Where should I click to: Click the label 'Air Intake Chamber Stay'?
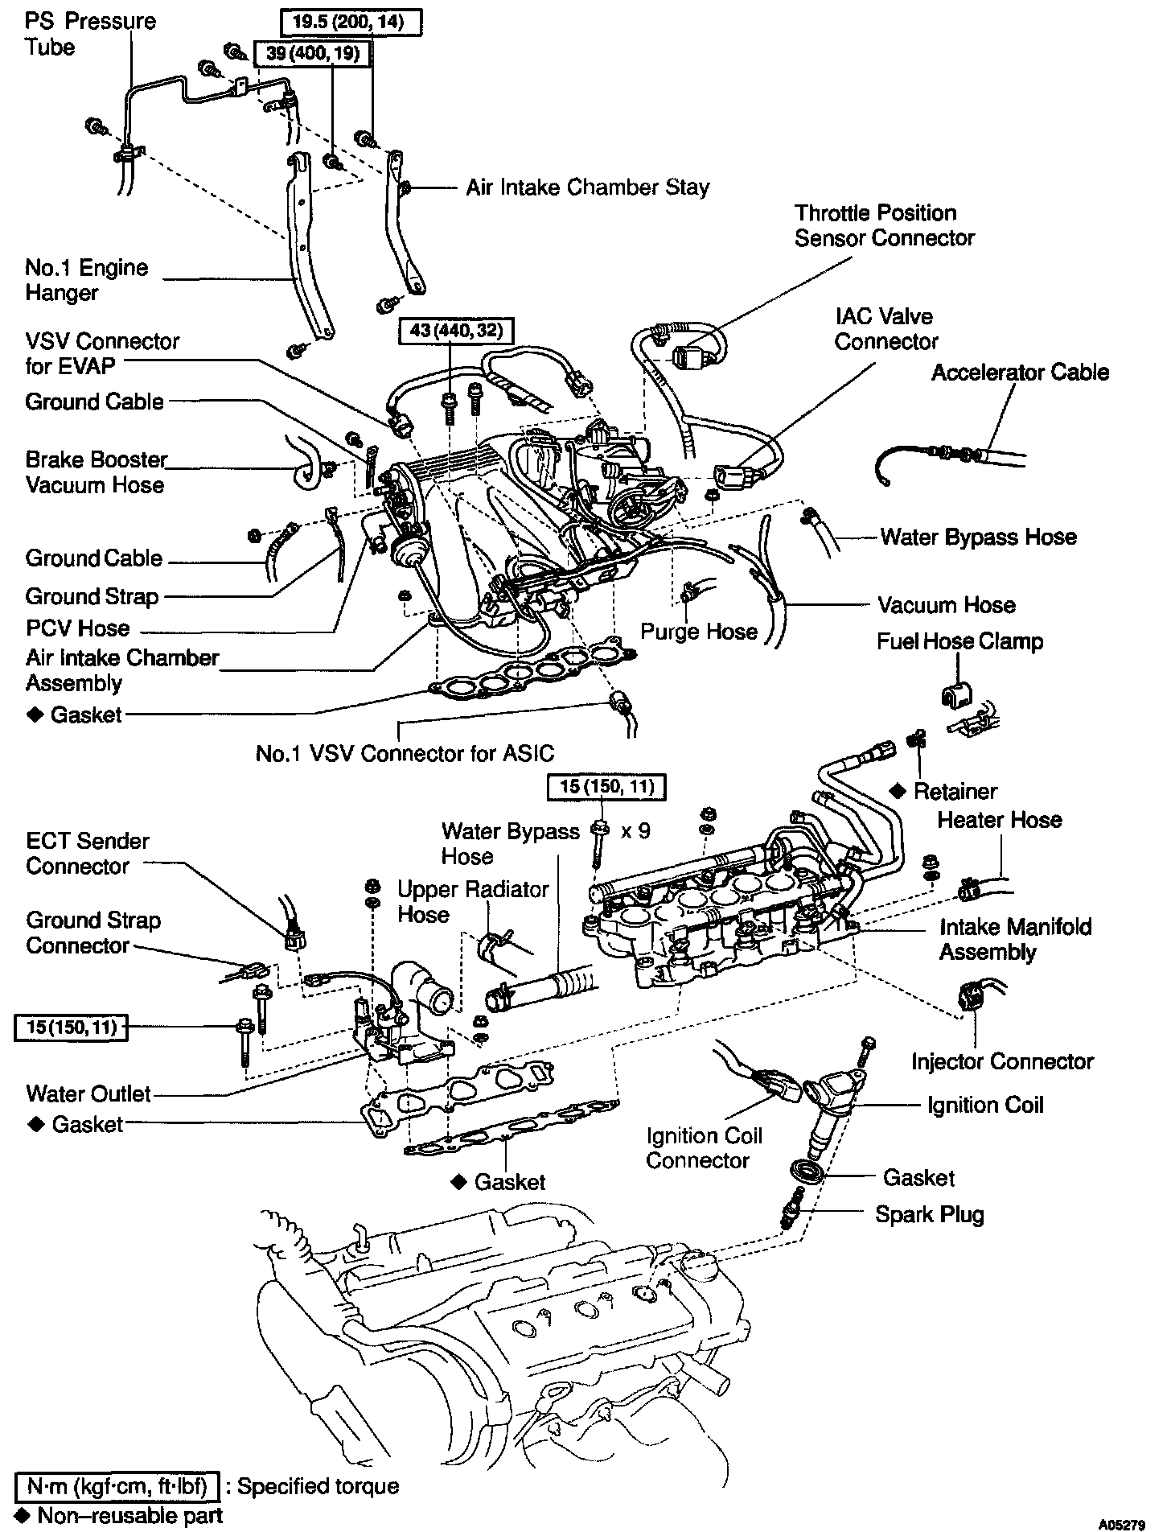587,187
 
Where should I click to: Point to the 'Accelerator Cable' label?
1020,373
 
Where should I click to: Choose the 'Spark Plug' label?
929,1214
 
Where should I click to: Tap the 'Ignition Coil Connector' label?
704,1148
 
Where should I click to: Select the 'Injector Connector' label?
1002,1061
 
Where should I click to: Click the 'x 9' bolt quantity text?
635,830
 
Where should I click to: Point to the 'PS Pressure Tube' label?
90,34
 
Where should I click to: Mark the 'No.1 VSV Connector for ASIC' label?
405,753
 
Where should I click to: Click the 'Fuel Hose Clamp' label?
959,641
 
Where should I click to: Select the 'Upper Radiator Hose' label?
473,902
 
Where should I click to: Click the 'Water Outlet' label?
88,1093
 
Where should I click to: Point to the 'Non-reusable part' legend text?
129,1516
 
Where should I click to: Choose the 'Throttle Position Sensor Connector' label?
884,225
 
